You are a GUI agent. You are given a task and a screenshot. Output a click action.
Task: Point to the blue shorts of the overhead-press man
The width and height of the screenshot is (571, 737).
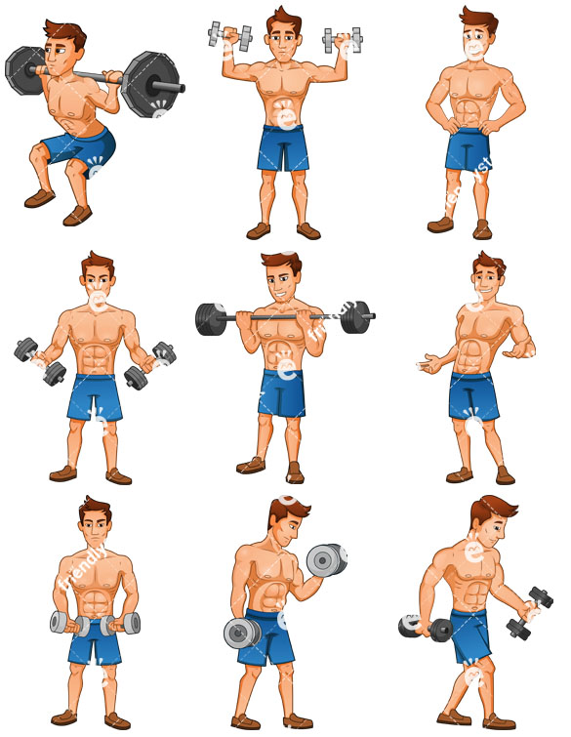[283, 146]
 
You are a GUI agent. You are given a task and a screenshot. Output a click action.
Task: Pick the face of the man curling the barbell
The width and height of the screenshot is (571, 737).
[281, 284]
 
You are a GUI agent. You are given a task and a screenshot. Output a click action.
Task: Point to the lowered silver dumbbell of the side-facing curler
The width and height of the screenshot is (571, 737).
[240, 634]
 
